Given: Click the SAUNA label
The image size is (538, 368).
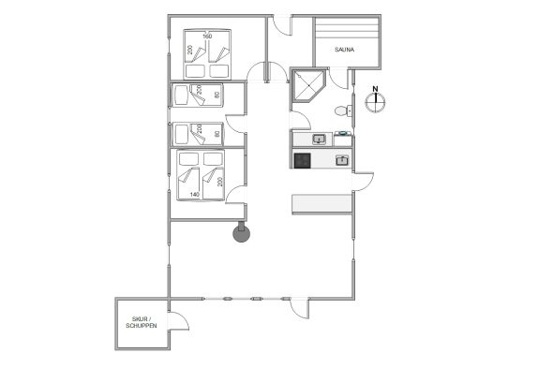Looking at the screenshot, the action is pyautogui.click(x=344, y=50).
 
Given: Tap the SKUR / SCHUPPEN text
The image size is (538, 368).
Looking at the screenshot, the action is pyautogui.click(x=141, y=322).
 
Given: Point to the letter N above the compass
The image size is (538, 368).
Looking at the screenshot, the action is pyautogui.click(x=375, y=89).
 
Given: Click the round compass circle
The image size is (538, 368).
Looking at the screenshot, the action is pyautogui.click(x=375, y=103).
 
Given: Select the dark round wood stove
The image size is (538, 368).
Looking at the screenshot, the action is pyautogui.click(x=241, y=233).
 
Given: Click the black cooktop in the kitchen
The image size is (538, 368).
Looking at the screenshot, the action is pyautogui.click(x=303, y=160).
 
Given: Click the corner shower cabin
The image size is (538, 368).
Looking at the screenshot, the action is pyautogui.click(x=308, y=85).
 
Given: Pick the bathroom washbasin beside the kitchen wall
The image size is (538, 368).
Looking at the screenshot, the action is pyautogui.click(x=319, y=140).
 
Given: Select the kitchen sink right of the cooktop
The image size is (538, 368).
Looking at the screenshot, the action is pyautogui.click(x=342, y=160).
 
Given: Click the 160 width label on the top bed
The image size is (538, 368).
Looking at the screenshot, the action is pyautogui.click(x=207, y=37).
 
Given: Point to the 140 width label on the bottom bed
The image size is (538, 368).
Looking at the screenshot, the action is pyautogui.click(x=195, y=195).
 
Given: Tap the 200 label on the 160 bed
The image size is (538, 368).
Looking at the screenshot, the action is pyautogui.click(x=189, y=50).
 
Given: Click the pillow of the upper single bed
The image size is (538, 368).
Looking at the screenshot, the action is pyautogui.click(x=181, y=95).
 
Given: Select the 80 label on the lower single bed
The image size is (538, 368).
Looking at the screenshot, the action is pyautogui.click(x=217, y=134).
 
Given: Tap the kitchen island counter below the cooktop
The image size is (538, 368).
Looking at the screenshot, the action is pyautogui.click(x=321, y=204).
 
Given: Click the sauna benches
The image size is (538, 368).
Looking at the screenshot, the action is pyautogui.click(x=347, y=29).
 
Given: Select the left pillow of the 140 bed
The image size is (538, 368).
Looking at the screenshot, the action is pyautogui.click(x=188, y=159).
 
